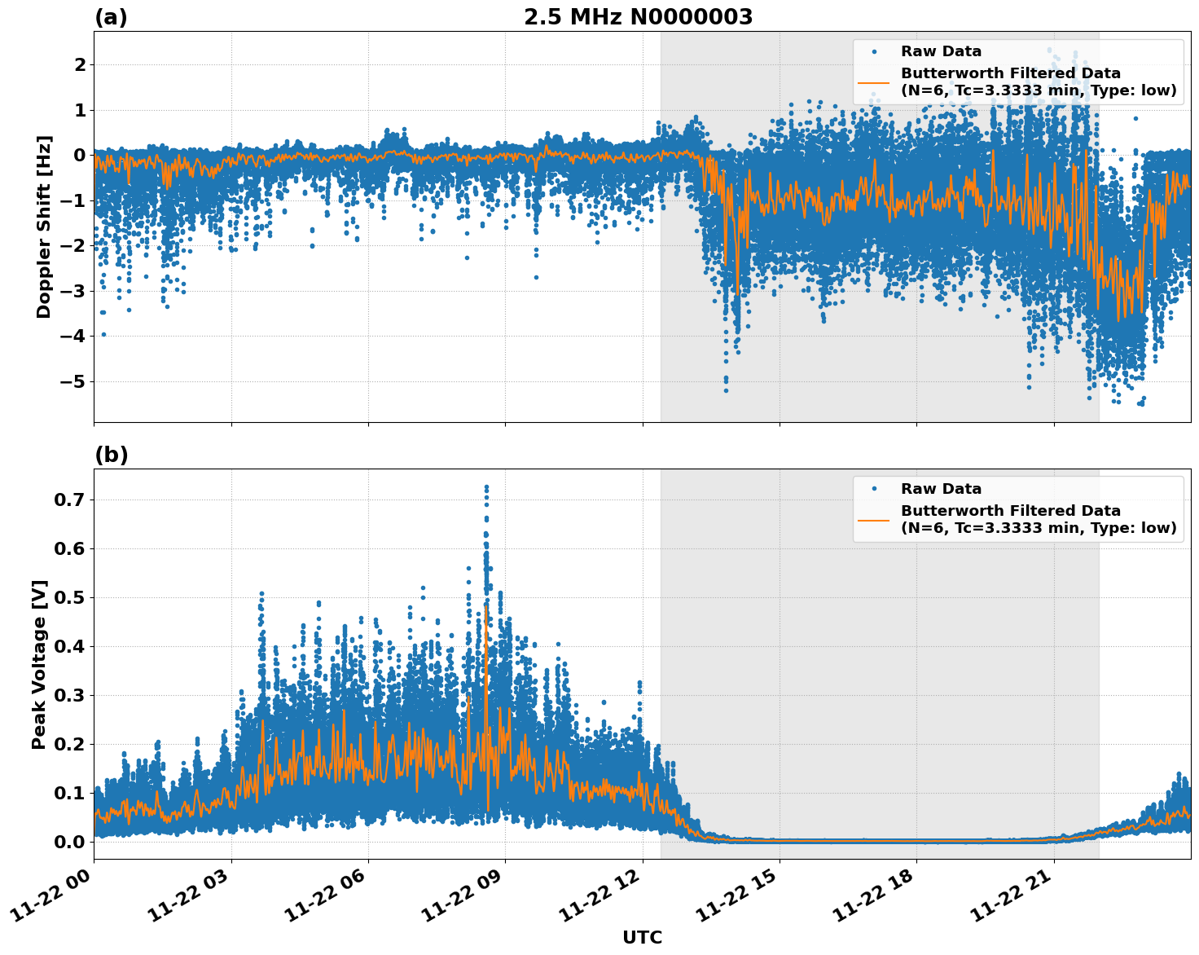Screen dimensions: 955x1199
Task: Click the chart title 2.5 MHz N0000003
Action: click(x=638, y=17)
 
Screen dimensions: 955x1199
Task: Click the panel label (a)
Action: click(x=111, y=17)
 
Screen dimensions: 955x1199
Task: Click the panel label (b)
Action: click(x=111, y=455)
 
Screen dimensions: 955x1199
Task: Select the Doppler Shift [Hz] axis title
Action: click(x=44, y=227)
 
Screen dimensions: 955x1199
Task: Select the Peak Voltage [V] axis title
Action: click(x=39, y=664)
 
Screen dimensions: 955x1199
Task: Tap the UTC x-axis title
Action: click(x=642, y=937)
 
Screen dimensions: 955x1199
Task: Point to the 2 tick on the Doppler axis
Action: click(x=80, y=65)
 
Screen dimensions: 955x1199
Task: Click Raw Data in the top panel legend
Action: click(x=941, y=51)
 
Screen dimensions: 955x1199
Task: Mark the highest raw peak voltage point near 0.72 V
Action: click(x=486, y=487)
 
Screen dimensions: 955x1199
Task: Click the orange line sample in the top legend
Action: click(x=874, y=81)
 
